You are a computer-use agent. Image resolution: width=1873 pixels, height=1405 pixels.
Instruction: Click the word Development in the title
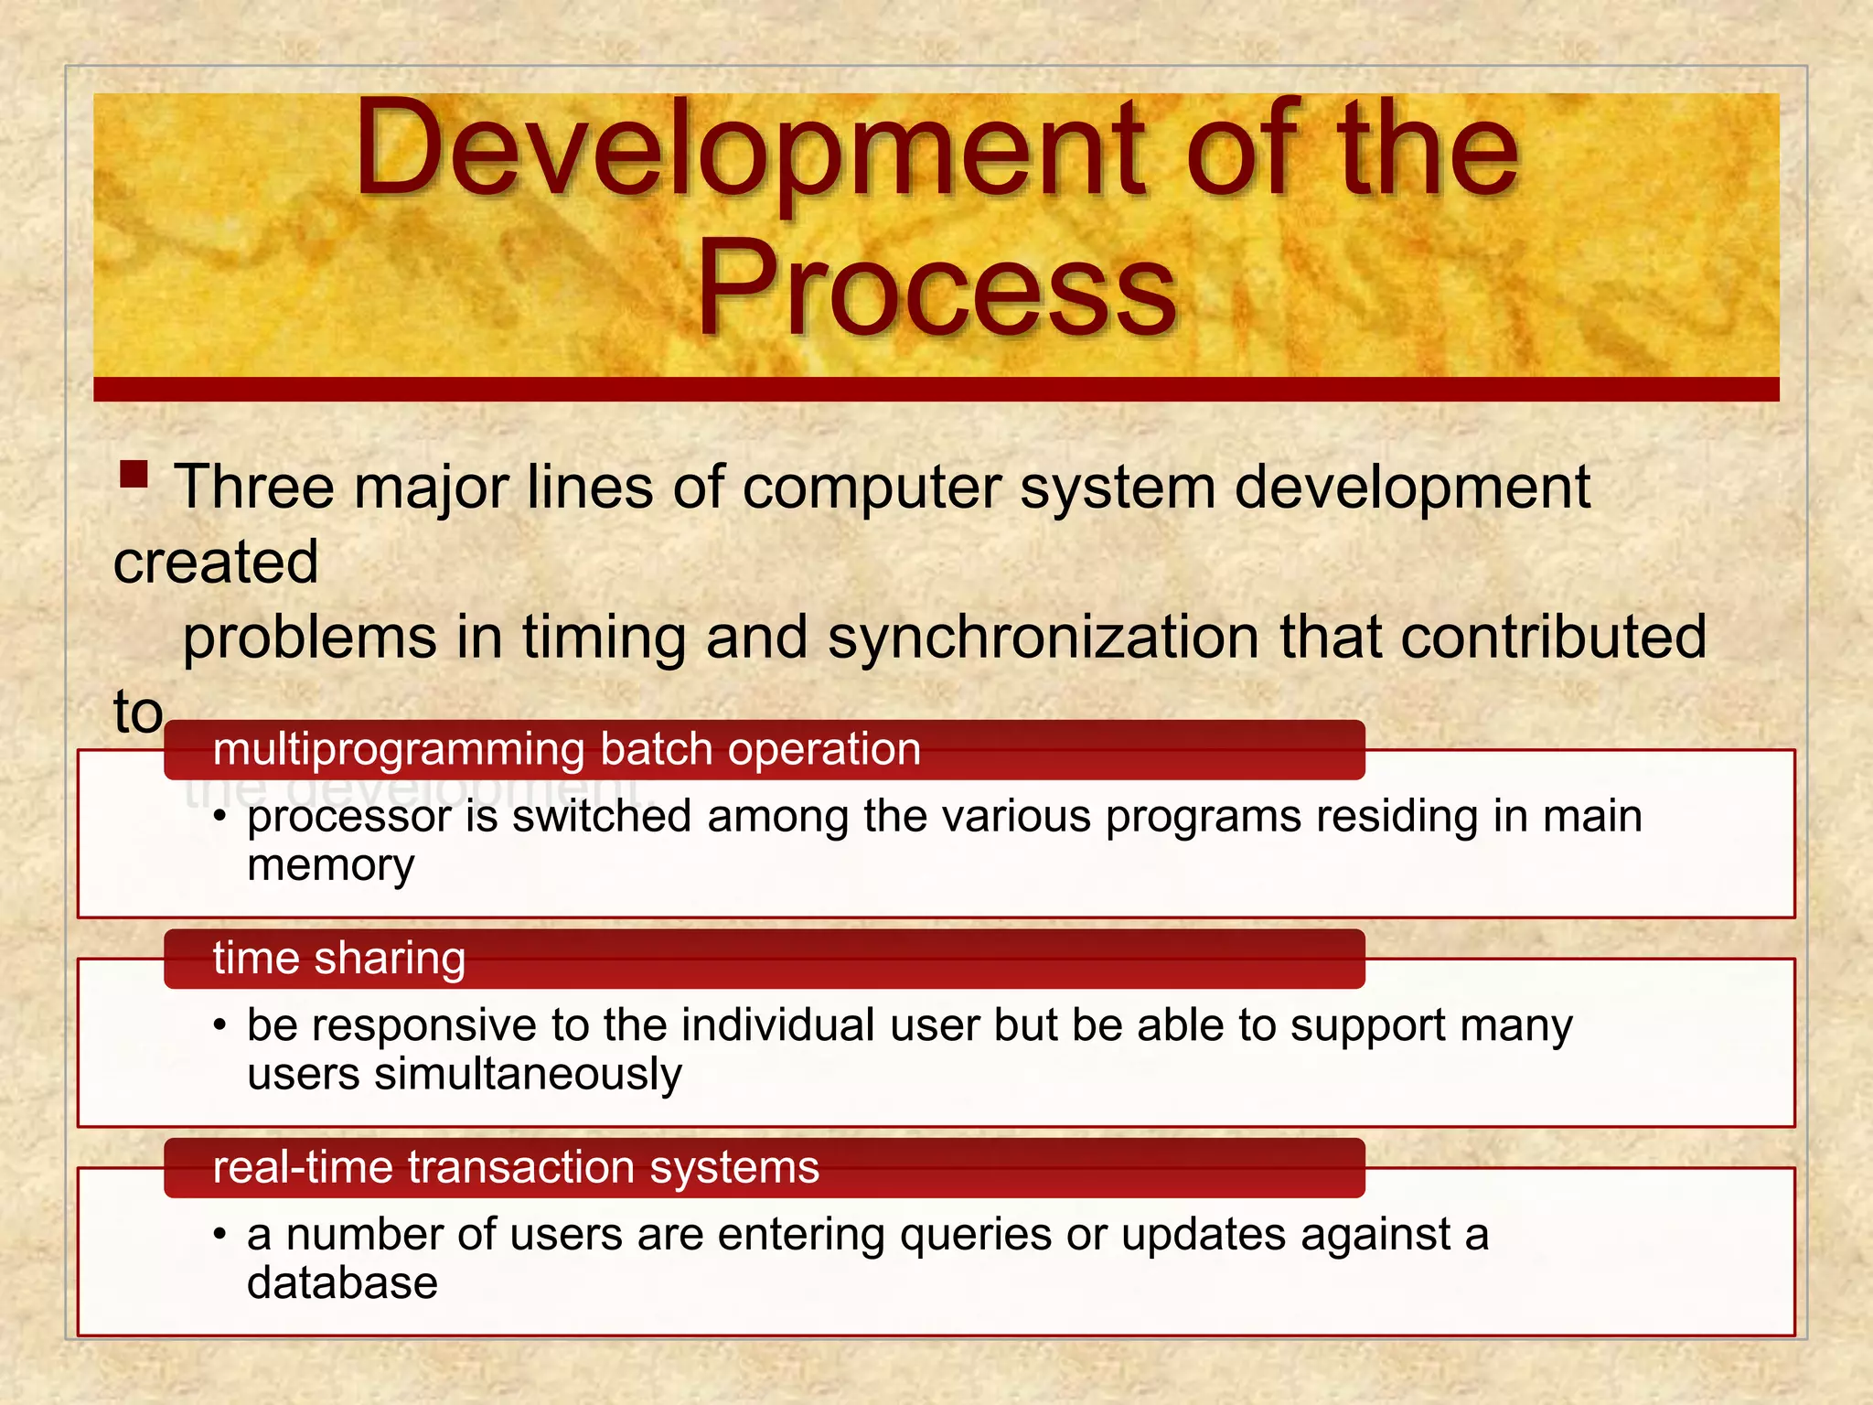(750, 151)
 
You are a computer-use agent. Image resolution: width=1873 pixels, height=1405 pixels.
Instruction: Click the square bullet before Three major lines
(134, 475)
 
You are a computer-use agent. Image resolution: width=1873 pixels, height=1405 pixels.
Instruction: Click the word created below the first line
(216, 562)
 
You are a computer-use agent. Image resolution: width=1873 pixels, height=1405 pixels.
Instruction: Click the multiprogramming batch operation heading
(566, 749)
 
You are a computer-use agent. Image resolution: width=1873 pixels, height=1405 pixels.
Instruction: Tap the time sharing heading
(339, 959)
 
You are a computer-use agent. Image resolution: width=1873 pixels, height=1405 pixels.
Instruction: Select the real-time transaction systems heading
(516, 1168)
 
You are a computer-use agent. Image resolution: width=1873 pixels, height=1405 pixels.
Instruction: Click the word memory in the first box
(330, 865)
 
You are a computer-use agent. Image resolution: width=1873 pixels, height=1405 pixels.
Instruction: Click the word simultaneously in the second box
(528, 1074)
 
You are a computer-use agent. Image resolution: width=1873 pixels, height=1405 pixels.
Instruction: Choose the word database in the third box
(342, 1283)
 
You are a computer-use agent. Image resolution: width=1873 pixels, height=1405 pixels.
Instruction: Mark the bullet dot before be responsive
(219, 1026)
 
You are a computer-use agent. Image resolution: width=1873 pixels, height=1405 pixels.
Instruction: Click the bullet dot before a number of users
(219, 1236)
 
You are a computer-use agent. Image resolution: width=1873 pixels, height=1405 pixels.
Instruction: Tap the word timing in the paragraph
(604, 638)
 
